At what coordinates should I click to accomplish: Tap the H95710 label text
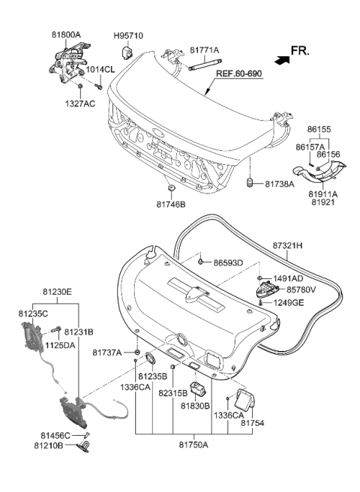point(127,35)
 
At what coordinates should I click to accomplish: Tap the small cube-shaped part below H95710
point(127,51)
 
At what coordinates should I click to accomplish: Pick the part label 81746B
point(172,203)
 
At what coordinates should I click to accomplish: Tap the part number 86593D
point(229,263)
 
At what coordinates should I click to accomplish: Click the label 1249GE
point(288,302)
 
